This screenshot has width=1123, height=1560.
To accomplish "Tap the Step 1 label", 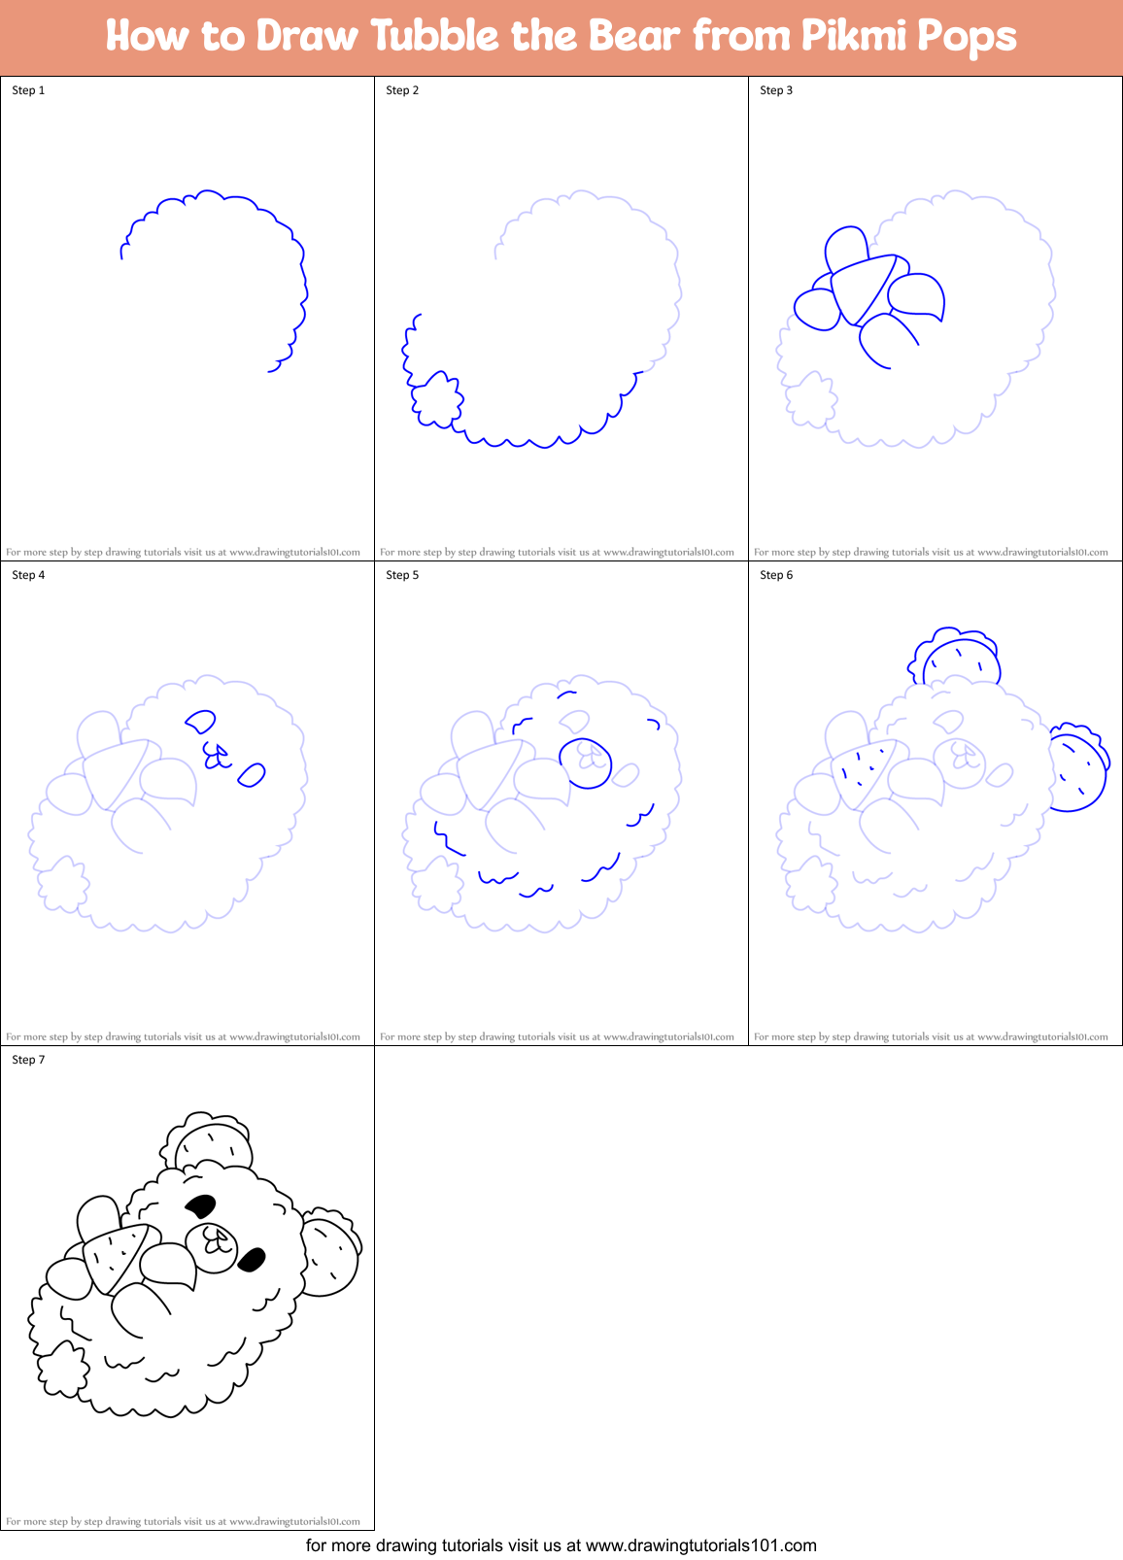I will (x=28, y=90).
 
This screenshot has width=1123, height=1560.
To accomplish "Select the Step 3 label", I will (x=776, y=90).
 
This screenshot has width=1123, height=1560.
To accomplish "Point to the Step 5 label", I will (x=402, y=575).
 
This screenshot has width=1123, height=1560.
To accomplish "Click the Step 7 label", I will (x=28, y=1060).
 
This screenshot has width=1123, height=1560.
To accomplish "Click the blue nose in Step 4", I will (x=217, y=755).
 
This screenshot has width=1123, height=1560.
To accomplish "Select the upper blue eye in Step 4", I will (x=201, y=722).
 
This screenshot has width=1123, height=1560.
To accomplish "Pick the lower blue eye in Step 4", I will (x=252, y=775).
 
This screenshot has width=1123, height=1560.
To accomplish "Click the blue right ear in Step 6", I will (x=1078, y=769).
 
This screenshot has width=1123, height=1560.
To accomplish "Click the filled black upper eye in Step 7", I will (x=200, y=1206).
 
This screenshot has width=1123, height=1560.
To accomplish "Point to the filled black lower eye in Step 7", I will (x=252, y=1261).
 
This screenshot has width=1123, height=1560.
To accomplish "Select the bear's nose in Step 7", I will (x=216, y=1239).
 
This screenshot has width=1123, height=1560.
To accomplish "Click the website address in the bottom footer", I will (x=700, y=1544).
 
